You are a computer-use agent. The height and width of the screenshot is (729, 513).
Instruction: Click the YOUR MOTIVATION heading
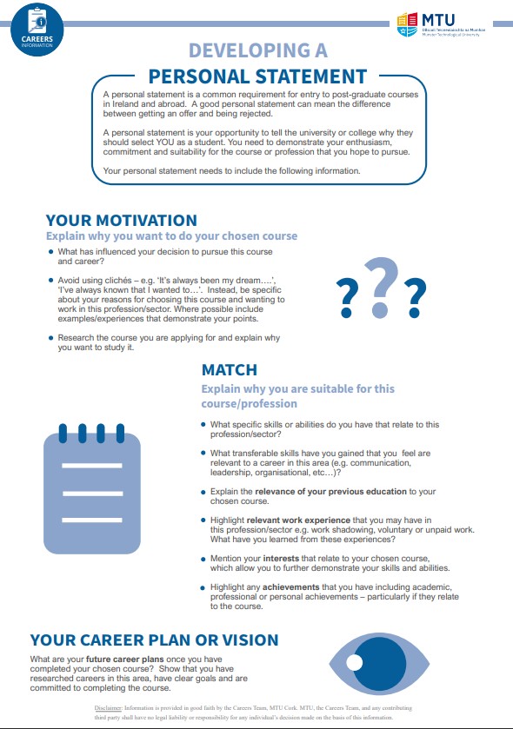point(122,221)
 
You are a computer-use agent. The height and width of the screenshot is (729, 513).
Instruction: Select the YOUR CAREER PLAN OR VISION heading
point(154,640)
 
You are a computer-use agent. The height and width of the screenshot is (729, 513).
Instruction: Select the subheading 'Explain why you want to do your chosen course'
point(171,236)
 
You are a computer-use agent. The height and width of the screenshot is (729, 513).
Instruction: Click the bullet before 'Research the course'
point(51,336)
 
